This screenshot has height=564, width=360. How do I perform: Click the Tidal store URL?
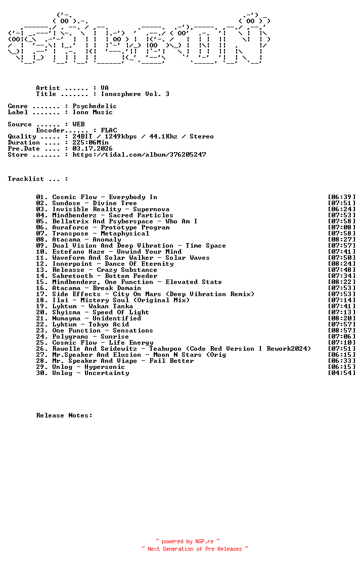(x=139, y=155)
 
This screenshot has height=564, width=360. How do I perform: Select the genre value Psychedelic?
(x=95, y=106)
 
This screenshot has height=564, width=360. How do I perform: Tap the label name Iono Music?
(x=93, y=112)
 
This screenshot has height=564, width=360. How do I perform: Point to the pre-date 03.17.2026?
(x=93, y=149)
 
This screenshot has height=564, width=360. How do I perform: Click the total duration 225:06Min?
(x=91, y=143)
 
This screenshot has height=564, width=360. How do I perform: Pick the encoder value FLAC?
(x=109, y=130)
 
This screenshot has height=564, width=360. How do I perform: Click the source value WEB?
(x=78, y=124)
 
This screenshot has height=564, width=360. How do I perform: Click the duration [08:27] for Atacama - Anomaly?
(x=342, y=240)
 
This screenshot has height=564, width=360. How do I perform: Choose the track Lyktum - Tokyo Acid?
(x=91, y=324)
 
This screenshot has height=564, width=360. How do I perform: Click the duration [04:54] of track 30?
(x=342, y=373)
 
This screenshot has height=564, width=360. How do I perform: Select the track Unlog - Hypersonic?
(x=88, y=367)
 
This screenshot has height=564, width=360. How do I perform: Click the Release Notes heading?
(x=64, y=415)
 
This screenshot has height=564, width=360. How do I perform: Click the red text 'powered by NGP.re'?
(x=188, y=541)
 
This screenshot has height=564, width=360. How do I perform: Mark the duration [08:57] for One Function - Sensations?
(x=342, y=331)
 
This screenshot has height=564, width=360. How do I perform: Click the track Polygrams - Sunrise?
(x=91, y=337)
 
